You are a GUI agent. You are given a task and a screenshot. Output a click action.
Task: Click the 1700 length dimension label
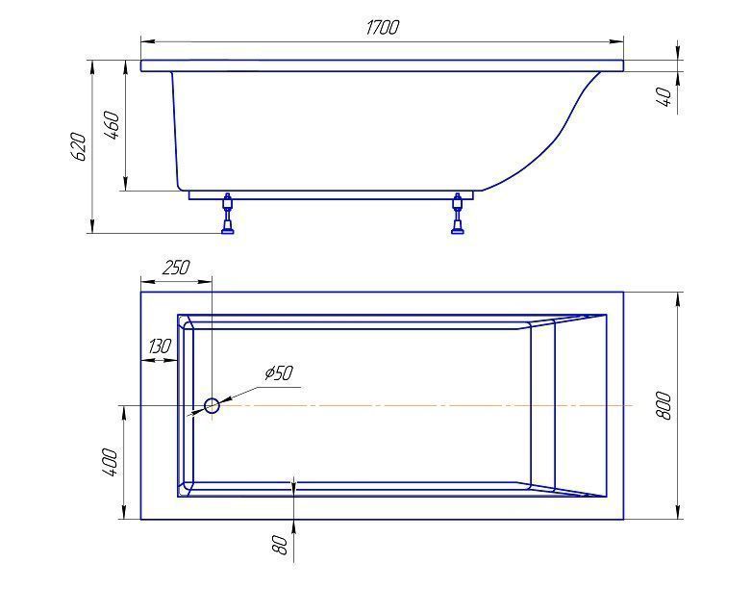point(382,27)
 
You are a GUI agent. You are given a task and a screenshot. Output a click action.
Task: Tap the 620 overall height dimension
point(79,147)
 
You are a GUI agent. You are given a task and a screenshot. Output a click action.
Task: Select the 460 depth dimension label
point(112,125)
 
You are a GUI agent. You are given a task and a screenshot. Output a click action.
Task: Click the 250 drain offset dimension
point(176,268)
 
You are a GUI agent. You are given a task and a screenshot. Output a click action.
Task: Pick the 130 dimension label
point(160,346)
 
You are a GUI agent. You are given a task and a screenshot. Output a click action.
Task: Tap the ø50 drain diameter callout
point(279,372)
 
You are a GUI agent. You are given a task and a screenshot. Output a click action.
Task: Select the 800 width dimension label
point(664,406)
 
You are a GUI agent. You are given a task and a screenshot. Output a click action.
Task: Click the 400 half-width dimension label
point(110,462)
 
